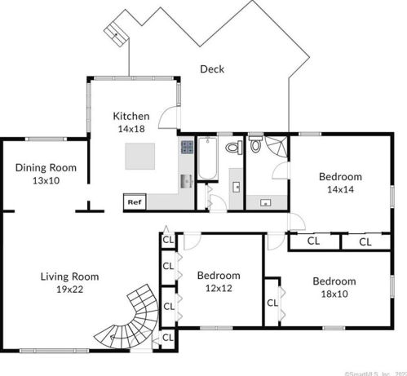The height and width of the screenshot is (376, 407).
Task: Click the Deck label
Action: point(212,69)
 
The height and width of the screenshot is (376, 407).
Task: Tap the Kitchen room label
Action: point(131,116)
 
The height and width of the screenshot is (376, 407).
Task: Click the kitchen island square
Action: point(140,156)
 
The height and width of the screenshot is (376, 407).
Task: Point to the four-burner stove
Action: point(186,148)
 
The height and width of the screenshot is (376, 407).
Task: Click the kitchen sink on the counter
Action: point(185,180)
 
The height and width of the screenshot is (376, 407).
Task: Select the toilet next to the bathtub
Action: point(234,148)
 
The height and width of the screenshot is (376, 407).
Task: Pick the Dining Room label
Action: point(46,168)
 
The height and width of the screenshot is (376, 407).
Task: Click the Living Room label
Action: point(69,276)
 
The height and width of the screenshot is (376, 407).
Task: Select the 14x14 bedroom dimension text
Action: point(340,188)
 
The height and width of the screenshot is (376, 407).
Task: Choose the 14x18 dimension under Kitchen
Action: point(131,128)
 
